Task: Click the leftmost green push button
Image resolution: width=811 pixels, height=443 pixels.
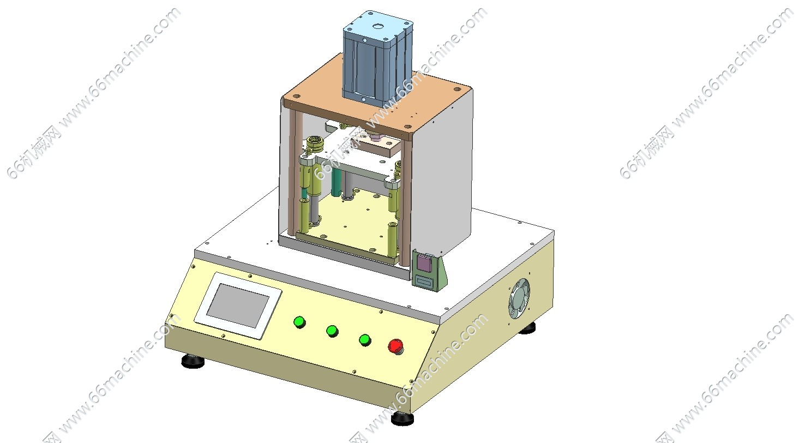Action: pos(300,322)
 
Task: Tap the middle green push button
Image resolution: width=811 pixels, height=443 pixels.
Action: pos(332,331)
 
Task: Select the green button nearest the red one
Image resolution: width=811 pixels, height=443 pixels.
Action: pos(365,340)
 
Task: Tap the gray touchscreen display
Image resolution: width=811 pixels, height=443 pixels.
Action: pos(238,305)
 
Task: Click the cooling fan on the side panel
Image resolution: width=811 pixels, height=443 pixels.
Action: pos(519,298)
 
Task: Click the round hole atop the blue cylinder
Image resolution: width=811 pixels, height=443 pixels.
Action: pos(377,26)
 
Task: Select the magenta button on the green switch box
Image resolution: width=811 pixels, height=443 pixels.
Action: pos(424,262)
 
